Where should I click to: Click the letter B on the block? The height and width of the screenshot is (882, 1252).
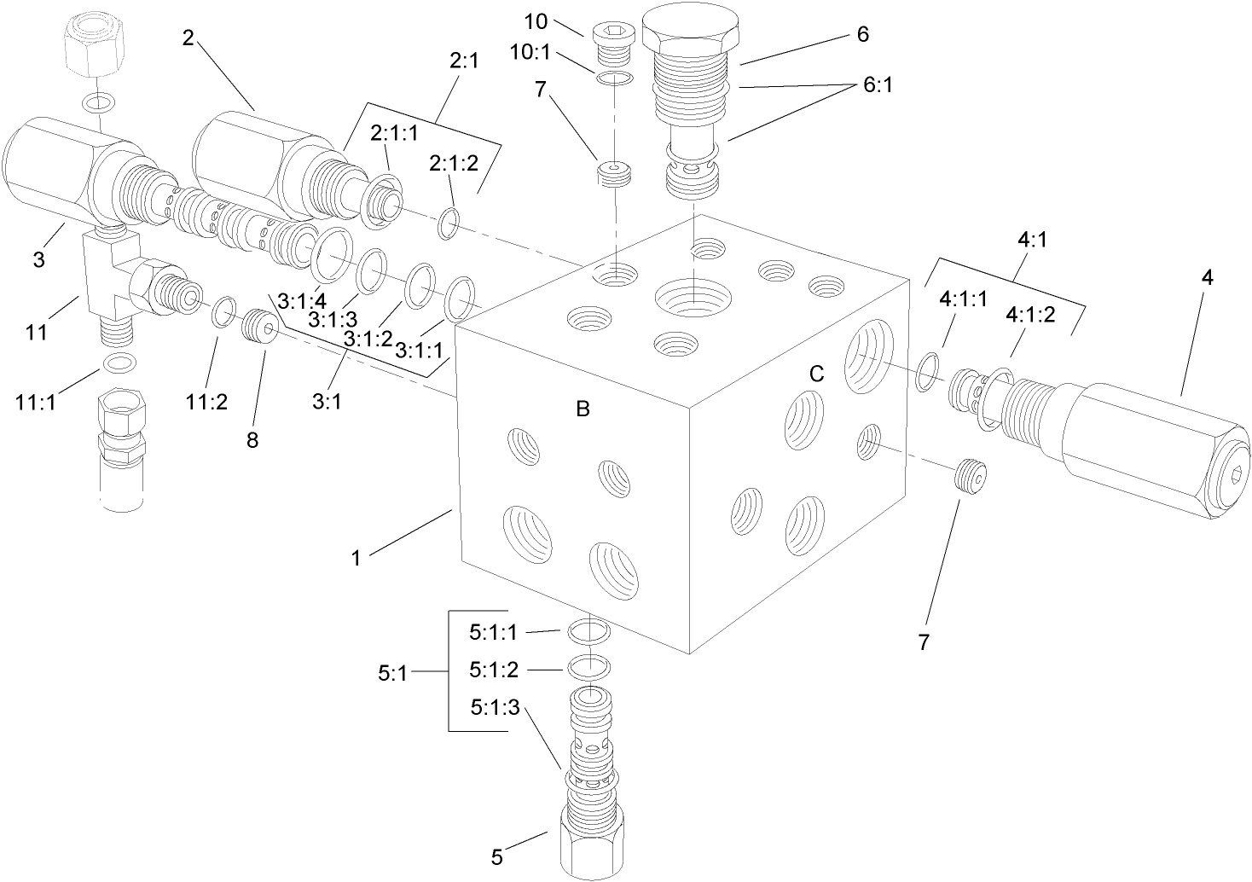[583, 409]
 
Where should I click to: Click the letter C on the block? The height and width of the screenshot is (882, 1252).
[816, 374]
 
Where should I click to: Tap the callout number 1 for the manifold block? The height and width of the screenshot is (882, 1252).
[356, 559]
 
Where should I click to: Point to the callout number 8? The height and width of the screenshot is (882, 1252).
[252, 440]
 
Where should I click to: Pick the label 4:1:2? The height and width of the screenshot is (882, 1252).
[1031, 315]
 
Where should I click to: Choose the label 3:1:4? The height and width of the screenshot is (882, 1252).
[301, 301]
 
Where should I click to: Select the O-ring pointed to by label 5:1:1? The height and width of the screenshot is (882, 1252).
[587, 631]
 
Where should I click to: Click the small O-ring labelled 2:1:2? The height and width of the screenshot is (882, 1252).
[449, 224]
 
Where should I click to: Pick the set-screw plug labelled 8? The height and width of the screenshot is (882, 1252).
[257, 326]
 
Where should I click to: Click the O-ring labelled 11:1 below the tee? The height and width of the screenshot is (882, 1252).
[117, 363]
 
